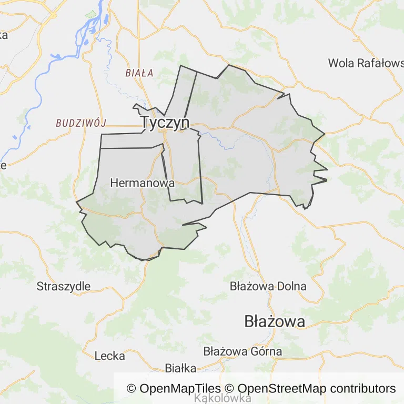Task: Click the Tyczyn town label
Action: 165,122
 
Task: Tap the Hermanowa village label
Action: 142,184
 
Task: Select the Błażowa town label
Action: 275,321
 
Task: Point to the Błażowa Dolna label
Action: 268,287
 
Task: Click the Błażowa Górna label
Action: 243,351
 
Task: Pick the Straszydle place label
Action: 64,287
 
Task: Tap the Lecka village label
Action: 110,356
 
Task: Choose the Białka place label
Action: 180,368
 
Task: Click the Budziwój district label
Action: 81,123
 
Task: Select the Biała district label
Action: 139,73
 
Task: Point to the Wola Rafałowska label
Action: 366,63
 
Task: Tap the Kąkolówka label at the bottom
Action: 223,399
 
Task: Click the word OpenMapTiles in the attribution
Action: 180,389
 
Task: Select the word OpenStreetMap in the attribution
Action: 282,389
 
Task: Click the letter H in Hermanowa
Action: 114,184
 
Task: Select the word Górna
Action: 266,351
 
